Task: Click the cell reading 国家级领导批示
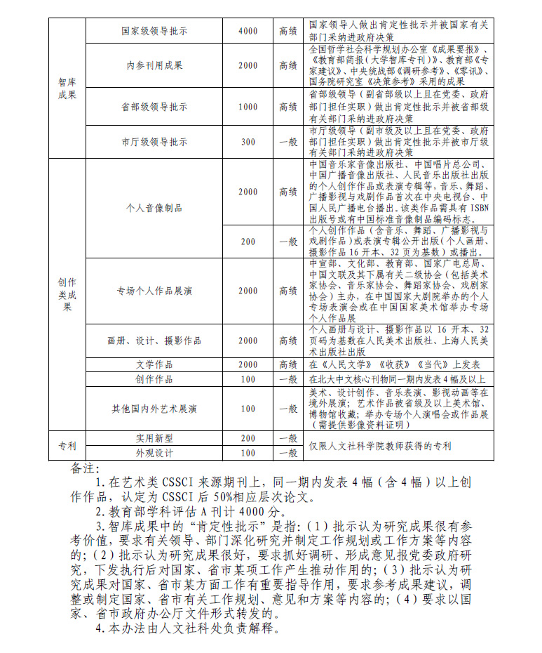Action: coord(154,32)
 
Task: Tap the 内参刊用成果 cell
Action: coord(154,65)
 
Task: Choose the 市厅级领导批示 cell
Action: coord(154,142)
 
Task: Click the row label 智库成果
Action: coord(67,88)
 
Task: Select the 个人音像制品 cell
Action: coord(154,209)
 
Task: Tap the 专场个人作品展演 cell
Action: coord(154,291)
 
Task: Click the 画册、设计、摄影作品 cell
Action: coord(154,341)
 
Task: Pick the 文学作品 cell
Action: coord(154,364)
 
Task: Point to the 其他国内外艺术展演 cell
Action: coord(154,408)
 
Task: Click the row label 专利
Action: coord(67,445)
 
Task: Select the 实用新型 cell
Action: coord(154,437)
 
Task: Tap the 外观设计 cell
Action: coord(154,453)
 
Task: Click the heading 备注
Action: coord(86,467)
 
